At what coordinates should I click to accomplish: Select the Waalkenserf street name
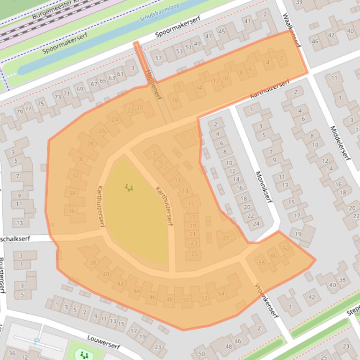click(x=292, y=30)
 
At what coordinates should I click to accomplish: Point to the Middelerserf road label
click(x=340, y=143)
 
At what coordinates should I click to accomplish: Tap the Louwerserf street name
click(x=103, y=342)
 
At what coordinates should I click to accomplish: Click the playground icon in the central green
click(x=129, y=188)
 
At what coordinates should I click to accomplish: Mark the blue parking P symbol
click(x=37, y=341)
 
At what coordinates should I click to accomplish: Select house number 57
click(x=158, y=58)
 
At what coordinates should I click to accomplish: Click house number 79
click(x=19, y=112)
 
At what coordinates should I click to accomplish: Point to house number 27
click(x=226, y=238)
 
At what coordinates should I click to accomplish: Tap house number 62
click(x=287, y=248)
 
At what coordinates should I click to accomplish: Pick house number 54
click(x=221, y=294)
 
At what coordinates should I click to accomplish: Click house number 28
click(x=90, y=144)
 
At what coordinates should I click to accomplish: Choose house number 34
click(x=72, y=193)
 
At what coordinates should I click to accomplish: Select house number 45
click(x=222, y=32)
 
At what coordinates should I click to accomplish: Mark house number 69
click(x=79, y=89)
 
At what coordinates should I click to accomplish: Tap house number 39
click(x=299, y=2)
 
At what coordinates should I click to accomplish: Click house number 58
click(x=261, y=262)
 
